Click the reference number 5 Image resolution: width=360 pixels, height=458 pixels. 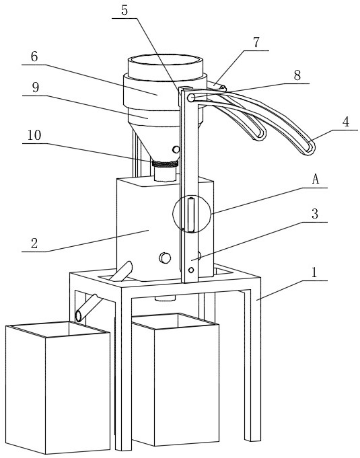coord(124,10)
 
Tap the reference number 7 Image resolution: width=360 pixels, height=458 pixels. coord(256,42)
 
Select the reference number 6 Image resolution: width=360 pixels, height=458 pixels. coord(34,56)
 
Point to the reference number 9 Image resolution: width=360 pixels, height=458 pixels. coord(36,87)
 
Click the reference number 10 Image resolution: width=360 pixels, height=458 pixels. coord(34,135)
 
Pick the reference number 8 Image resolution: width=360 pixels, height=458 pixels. coord(297,75)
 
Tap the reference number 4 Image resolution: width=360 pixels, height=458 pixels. coord(346,122)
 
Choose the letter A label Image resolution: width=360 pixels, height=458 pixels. coord(316,179)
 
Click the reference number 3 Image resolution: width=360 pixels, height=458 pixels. coord(315,214)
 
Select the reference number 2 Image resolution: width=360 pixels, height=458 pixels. coord(34,243)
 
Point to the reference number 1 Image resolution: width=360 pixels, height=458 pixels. coord(314,272)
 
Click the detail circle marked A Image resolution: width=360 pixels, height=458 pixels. coord(173,214)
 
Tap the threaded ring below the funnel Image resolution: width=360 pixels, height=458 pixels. coord(165,164)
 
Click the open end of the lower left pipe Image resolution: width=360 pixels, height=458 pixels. coord(79,316)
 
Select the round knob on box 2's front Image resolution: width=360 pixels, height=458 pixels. coord(165,258)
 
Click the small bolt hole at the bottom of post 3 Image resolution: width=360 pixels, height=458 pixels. coord(191,270)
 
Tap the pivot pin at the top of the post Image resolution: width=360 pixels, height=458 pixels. coord(191,98)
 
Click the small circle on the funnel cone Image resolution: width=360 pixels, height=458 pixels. coord(176,149)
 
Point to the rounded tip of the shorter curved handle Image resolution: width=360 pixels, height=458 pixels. coord(261,135)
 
